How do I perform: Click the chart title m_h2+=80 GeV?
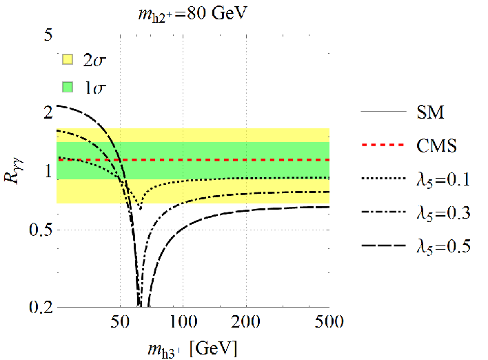(x=192, y=14)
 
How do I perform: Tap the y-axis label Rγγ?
(x=13, y=170)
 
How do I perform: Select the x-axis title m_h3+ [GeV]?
(x=192, y=349)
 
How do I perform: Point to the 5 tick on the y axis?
(x=48, y=34)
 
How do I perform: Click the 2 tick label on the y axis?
(x=48, y=112)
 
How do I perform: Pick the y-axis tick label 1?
(x=48, y=170)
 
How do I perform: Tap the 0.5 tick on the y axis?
(x=41, y=230)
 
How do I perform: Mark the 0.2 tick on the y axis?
(x=41, y=307)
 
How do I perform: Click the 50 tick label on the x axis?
(x=120, y=321)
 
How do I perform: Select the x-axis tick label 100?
(x=183, y=321)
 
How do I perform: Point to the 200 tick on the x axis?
(x=246, y=321)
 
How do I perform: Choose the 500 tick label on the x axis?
(x=329, y=321)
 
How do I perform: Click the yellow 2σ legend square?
(x=68, y=59)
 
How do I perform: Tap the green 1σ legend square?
(x=68, y=87)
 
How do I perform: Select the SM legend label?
(x=430, y=112)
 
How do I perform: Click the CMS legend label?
(x=436, y=146)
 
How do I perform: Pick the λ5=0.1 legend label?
(x=443, y=180)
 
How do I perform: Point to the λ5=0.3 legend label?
(x=443, y=214)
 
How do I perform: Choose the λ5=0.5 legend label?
(x=443, y=248)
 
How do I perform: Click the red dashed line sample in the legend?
(x=383, y=145)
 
